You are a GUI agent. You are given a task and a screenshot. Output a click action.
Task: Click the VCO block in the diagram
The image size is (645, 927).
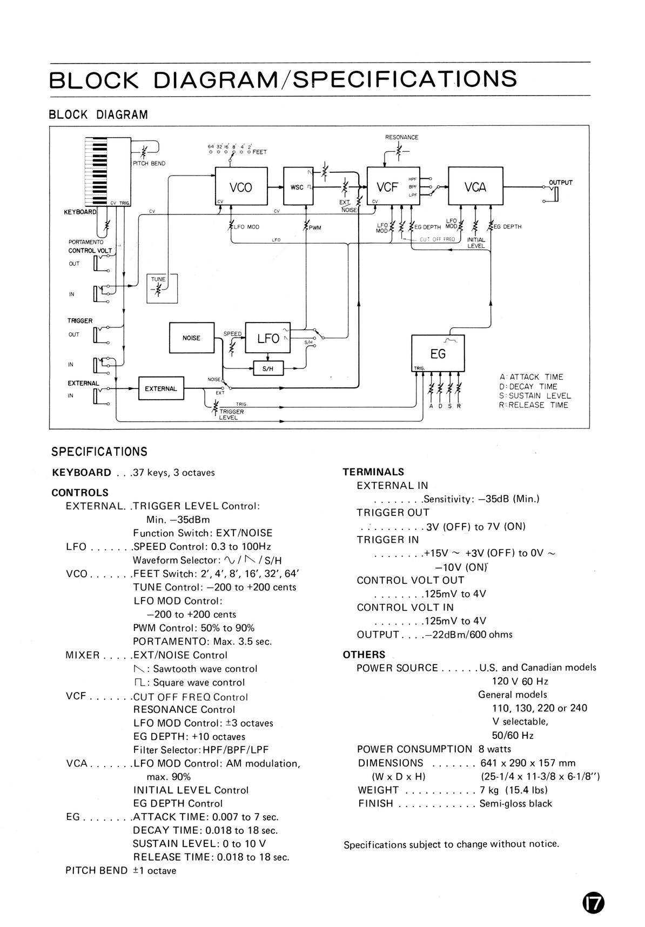point(241,186)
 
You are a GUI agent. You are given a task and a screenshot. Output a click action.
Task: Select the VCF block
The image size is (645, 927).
point(394,186)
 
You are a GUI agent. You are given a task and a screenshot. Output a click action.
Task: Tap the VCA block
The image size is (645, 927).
point(475,186)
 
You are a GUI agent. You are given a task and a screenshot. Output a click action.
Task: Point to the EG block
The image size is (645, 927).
point(438,353)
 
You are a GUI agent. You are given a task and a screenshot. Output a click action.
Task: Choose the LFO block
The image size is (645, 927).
point(268,339)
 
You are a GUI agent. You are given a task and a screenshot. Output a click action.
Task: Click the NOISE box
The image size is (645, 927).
point(191,338)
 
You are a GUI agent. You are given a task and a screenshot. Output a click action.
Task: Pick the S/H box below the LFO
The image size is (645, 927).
point(268,369)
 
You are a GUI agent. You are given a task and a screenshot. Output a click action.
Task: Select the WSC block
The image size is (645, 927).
point(298,186)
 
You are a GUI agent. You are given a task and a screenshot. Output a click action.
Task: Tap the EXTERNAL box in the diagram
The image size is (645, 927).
point(161,388)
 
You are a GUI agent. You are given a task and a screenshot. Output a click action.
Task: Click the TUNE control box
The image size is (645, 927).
point(162,289)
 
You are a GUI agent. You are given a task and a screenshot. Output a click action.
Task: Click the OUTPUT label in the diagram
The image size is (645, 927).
point(561,183)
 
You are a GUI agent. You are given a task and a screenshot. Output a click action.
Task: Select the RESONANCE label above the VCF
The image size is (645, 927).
point(401,137)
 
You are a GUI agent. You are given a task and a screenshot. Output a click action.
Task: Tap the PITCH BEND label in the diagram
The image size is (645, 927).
point(149,163)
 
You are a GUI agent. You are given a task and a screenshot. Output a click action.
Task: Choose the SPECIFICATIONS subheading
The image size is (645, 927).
point(99,452)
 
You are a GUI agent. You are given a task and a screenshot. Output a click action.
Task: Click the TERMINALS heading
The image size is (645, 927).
point(373,472)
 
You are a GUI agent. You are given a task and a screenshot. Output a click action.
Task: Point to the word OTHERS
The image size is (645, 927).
point(364,655)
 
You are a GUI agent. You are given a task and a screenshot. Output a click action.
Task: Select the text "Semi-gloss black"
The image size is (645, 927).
point(516,804)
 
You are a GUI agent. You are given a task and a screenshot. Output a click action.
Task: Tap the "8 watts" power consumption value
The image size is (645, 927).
point(495,749)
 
